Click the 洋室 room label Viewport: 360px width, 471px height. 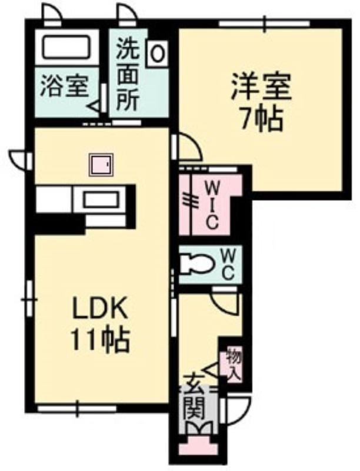pyautogui.click(x=261, y=87)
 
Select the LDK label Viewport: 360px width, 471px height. pyautogui.click(x=100, y=309)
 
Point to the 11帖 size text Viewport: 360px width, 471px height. pyautogui.click(x=100, y=340)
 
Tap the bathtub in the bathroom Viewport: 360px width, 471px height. pyautogui.click(x=66, y=47)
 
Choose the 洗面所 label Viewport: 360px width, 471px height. pyautogui.click(x=128, y=75)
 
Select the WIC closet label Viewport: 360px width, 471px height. pyautogui.click(x=212, y=206)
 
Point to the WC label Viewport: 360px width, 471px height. pyautogui.click(x=228, y=264)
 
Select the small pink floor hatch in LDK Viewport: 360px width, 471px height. pyautogui.click(x=101, y=165)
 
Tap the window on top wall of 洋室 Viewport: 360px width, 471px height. pyautogui.click(x=264, y=24)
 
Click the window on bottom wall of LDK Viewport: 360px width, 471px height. pyautogui.click(x=77, y=408)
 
